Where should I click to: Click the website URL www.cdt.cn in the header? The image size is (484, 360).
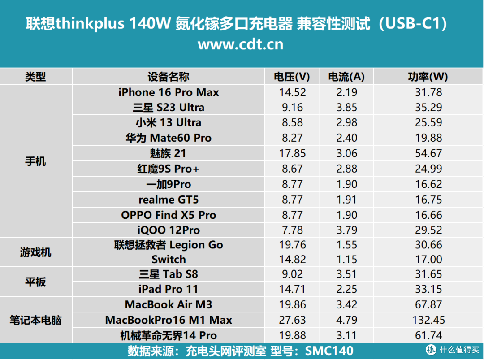(240, 45)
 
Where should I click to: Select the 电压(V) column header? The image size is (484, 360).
(292, 77)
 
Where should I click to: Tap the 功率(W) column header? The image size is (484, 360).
(428, 77)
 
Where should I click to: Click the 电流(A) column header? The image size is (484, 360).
(346, 77)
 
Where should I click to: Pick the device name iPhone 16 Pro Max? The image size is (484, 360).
(169, 92)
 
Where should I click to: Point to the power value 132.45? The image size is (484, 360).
(428, 320)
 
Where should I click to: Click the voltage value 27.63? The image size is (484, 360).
(292, 320)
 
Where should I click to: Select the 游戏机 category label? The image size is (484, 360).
(36, 252)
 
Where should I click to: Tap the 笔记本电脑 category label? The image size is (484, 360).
(36, 320)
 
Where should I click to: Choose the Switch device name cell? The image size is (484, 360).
(169, 260)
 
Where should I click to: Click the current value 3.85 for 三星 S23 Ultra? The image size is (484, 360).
(346, 108)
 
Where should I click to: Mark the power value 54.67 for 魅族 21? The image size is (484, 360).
(428, 153)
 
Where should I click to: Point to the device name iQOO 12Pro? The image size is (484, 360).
(169, 230)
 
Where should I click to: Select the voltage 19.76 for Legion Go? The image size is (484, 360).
(292, 245)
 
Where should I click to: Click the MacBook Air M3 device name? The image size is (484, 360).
(169, 305)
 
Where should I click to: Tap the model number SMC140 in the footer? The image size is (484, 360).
(329, 351)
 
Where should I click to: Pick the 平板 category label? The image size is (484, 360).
(36, 282)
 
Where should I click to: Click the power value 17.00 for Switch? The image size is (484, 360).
(428, 260)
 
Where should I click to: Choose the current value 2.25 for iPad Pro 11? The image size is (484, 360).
(346, 289)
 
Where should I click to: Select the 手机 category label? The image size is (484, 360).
(36, 161)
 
